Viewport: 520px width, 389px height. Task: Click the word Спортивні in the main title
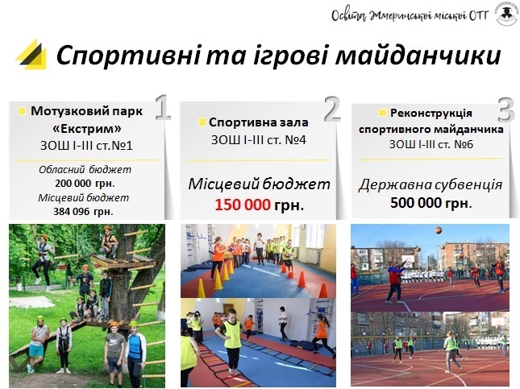click(128, 56)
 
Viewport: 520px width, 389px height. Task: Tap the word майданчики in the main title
click(418, 56)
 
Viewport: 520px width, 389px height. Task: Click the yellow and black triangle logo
click(31, 54)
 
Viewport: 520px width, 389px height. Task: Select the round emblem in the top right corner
click(507, 13)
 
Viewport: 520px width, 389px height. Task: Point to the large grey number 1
click(162, 107)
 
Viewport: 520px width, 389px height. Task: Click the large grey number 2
click(332, 109)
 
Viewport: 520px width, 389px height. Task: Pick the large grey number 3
click(506, 110)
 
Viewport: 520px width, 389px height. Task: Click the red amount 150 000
click(243, 205)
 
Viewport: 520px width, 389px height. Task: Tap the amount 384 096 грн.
click(83, 211)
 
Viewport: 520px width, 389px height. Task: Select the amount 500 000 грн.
click(431, 202)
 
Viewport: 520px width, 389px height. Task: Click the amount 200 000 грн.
click(85, 184)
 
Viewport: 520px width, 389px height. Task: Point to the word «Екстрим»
click(87, 128)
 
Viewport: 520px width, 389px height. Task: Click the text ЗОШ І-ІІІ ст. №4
click(259, 140)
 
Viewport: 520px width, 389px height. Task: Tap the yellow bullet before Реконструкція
click(382, 113)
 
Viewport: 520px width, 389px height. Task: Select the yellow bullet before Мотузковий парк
click(22, 111)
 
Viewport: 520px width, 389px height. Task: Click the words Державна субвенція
click(431, 184)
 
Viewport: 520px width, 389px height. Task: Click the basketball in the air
click(439, 230)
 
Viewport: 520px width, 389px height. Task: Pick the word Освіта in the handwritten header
click(348, 15)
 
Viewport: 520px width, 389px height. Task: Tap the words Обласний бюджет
click(85, 170)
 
